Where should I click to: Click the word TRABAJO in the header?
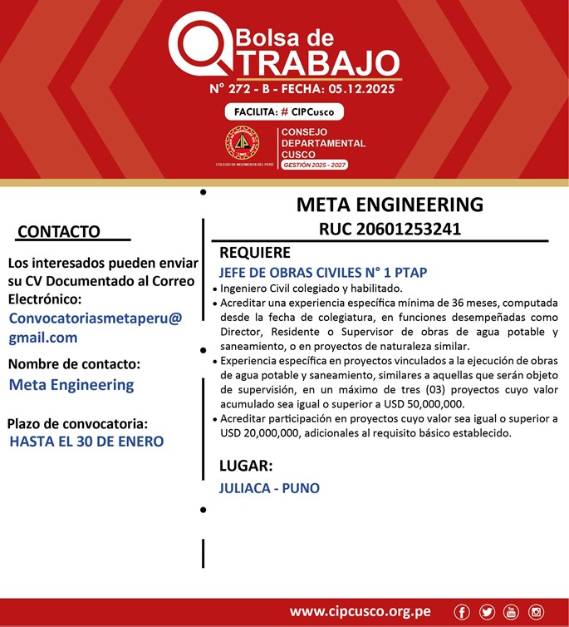click(x=311, y=62)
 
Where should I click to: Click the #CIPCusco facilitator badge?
click(x=284, y=112)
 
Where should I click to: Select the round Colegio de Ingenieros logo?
click(x=243, y=144)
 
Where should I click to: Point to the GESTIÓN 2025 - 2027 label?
click(x=314, y=165)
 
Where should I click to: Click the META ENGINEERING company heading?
click(x=389, y=205)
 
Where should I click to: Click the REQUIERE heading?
click(x=255, y=253)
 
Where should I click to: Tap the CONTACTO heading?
click(x=58, y=231)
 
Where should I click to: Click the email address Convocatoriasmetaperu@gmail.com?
click(x=95, y=328)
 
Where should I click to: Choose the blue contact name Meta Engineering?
click(x=71, y=385)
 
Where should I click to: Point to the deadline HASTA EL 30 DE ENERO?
click(x=86, y=442)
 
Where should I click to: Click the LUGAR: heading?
click(x=246, y=466)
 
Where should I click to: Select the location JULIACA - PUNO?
click(x=269, y=488)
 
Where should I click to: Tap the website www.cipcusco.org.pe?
click(x=360, y=611)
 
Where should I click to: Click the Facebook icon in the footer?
click(x=462, y=612)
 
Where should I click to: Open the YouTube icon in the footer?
click(x=512, y=612)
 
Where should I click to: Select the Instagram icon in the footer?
click(x=537, y=612)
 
